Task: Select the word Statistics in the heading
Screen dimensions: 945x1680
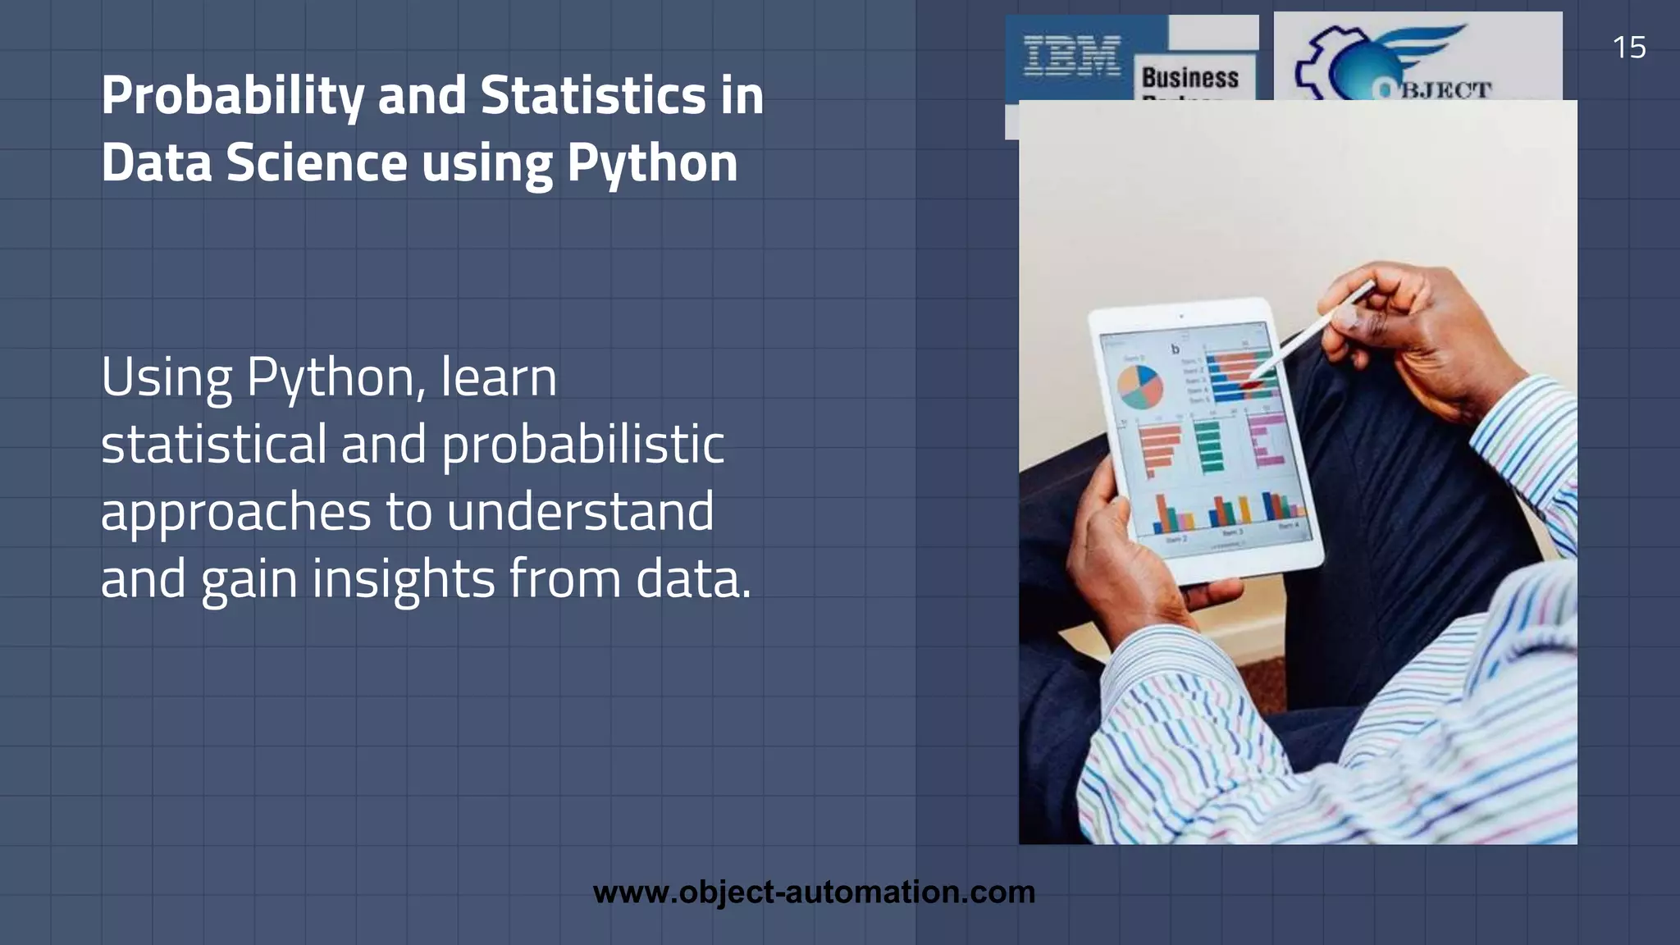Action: pyautogui.click(x=592, y=95)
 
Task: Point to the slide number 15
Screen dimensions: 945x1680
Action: pyautogui.click(x=1628, y=48)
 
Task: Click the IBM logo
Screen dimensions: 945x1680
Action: pyautogui.click(x=1072, y=56)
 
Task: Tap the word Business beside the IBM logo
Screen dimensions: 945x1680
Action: pyautogui.click(x=1189, y=78)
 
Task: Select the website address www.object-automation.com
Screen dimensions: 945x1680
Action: pyautogui.click(x=814, y=892)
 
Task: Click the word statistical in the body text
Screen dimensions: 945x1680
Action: pyautogui.click(x=213, y=444)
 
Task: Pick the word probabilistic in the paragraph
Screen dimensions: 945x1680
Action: pyautogui.click(x=583, y=445)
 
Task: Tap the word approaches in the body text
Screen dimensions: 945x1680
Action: pyautogui.click(x=235, y=513)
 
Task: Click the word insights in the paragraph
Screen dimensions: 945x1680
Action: pyautogui.click(x=403, y=579)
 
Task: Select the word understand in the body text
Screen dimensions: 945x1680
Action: pyautogui.click(x=580, y=511)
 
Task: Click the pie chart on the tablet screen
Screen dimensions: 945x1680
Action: pyautogui.click(x=1140, y=386)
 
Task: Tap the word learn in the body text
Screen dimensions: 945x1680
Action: pyautogui.click(x=498, y=377)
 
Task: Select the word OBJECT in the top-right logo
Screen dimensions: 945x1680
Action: pyautogui.click(x=1436, y=89)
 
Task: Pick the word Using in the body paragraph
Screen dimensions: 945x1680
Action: pyautogui.click(x=167, y=378)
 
